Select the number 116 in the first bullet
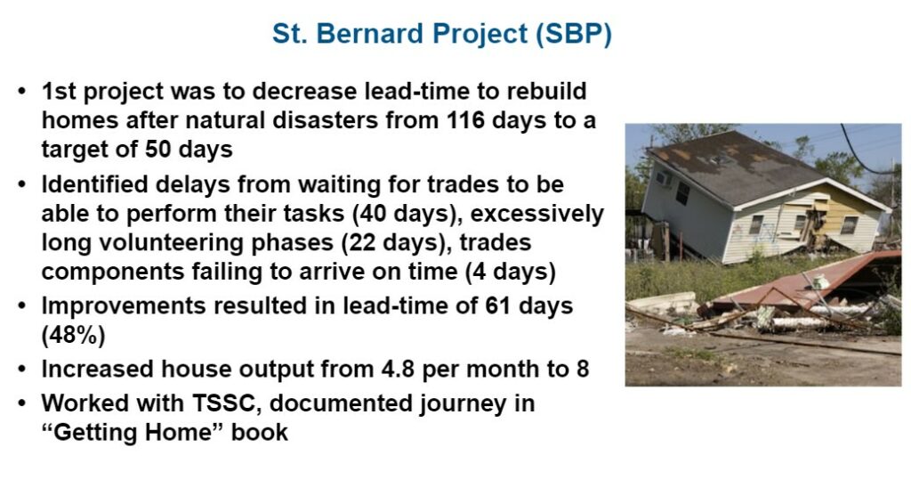click(x=466, y=120)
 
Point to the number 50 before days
click(x=157, y=150)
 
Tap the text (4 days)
click(x=511, y=272)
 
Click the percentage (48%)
click(x=73, y=336)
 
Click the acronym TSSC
click(x=223, y=403)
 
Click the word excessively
click(x=536, y=214)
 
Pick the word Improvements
click(x=123, y=306)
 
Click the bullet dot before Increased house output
click(x=22, y=370)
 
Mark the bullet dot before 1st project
click(x=22, y=92)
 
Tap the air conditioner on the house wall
click(x=664, y=178)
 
